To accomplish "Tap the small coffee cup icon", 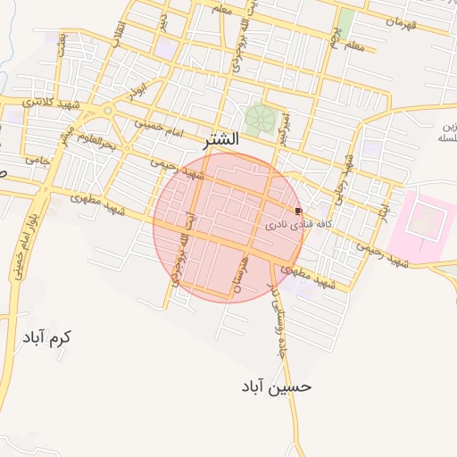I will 297,212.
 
